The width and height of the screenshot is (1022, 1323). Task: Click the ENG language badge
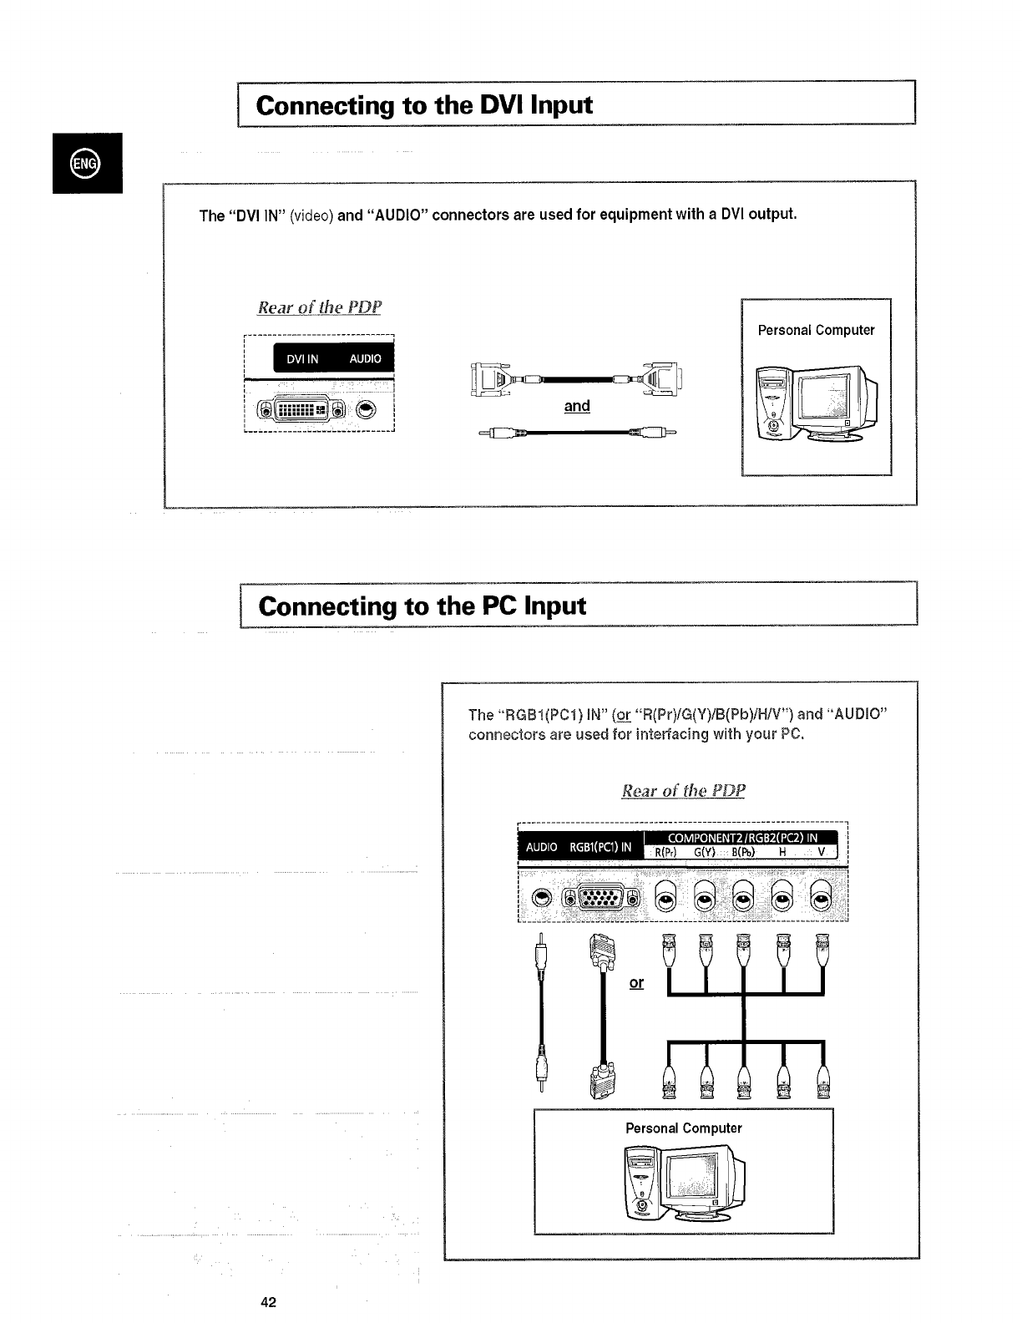86,162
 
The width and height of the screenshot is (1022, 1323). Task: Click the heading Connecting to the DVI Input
425,105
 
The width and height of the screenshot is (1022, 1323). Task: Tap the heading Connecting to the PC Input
422,606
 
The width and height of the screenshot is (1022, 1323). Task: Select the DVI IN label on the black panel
302,359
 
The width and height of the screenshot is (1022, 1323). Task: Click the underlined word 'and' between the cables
576,406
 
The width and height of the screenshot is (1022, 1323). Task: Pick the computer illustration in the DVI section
816,401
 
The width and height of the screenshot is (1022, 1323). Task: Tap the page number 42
268,1302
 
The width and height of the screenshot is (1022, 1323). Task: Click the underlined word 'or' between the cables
636,983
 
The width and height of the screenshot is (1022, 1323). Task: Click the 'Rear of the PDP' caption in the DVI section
319,307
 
